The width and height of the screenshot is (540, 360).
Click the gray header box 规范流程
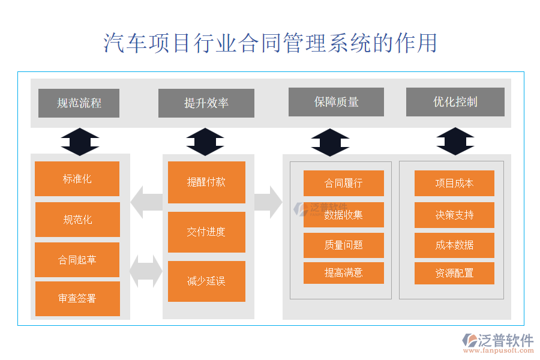click(x=79, y=103)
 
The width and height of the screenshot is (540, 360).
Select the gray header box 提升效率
click(x=206, y=103)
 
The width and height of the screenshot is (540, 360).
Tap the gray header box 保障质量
click(x=336, y=102)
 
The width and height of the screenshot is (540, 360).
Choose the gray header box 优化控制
click(x=455, y=102)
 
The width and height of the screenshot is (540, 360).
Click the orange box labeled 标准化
click(x=77, y=179)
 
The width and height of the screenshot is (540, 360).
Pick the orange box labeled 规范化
click(x=77, y=220)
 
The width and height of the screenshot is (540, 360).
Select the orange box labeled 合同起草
click(x=77, y=260)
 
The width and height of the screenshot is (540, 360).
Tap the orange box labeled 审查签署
click(x=77, y=299)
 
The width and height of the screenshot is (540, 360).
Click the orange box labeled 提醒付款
click(x=206, y=182)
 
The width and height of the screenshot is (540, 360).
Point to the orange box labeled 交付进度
click(x=206, y=232)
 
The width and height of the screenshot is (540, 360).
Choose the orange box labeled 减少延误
click(x=206, y=281)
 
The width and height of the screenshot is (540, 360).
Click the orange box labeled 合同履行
click(x=343, y=183)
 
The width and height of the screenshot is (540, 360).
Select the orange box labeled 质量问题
click(x=343, y=245)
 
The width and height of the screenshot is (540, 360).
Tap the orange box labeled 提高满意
click(x=343, y=273)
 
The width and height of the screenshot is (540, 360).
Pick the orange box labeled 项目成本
click(x=454, y=183)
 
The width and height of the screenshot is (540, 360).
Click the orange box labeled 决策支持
click(x=454, y=215)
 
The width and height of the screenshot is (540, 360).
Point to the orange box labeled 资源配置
click(x=454, y=273)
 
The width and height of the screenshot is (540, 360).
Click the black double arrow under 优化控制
click(x=455, y=142)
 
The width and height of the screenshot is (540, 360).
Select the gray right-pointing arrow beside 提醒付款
click(x=268, y=202)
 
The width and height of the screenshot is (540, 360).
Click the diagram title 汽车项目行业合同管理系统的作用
click(x=270, y=43)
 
